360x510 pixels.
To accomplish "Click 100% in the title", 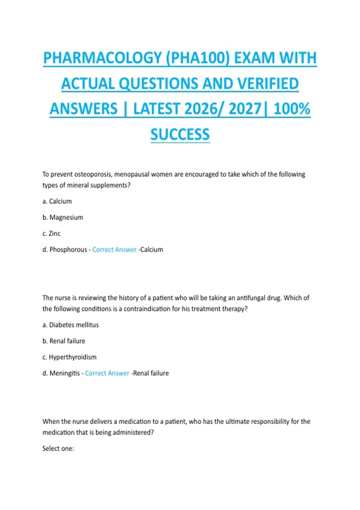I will click(292, 109).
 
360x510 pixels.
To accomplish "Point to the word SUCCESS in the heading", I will click(180, 134).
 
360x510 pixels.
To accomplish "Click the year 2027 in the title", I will click(245, 109).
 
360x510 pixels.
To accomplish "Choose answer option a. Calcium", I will click(57, 201).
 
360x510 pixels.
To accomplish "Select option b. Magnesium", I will click(63, 217).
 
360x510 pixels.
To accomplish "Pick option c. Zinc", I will click(51, 233).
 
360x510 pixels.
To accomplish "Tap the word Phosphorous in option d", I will click(68, 250).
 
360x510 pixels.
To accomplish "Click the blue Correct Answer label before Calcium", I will click(114, 250).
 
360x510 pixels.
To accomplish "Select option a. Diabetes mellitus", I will click(70, 325).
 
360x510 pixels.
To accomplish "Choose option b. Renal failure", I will click(64, 341).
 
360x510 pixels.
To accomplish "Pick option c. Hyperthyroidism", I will click(69, 357).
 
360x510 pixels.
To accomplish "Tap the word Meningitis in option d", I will click(64, 373).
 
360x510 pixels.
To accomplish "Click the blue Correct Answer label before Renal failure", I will click(107, 373).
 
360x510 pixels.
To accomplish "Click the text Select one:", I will click(58, 448).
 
